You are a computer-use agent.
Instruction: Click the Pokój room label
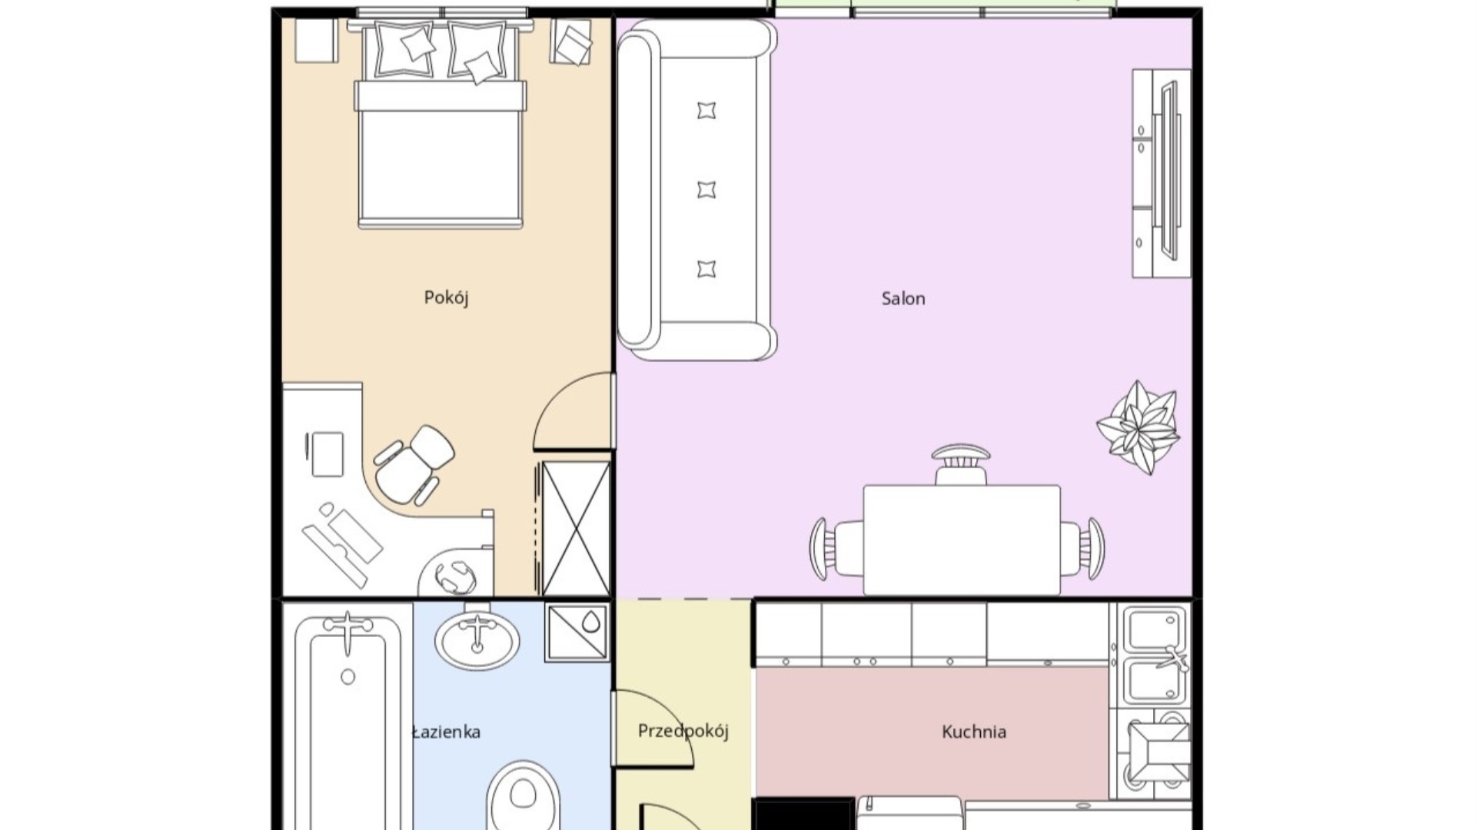point(446,297)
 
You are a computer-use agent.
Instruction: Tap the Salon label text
point(903,298)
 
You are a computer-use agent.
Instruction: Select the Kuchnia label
point(974,732)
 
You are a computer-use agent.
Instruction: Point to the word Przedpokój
point(683,731)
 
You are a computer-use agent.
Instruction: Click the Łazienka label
point(446,732)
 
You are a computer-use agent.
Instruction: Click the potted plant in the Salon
point(1139,427)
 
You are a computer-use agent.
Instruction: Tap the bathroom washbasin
point(477,636)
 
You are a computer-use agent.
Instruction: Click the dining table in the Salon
point(962,539)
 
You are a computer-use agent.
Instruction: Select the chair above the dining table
point(961,464)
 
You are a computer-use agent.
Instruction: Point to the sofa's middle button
point(706,190)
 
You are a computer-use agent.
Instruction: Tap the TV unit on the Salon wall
point(1161,173)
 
